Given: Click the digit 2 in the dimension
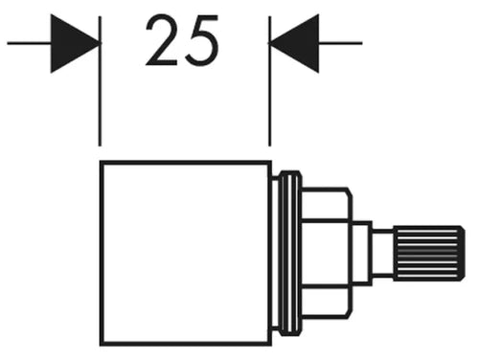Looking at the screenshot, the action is pos(161,40).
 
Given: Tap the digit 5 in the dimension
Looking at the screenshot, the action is pos(202,41).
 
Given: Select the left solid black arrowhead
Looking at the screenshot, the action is pos(75,43).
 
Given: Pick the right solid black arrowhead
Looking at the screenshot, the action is pos(294,43).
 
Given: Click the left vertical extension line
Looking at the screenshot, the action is pos(100,81).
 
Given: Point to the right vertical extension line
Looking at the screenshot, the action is pos(270,81).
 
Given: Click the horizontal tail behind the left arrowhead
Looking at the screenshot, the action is pos(29,43).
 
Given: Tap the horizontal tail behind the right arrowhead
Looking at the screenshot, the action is pos(340,43).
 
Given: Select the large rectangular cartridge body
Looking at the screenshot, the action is pos(186,254).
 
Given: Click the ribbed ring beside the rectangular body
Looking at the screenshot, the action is pos(290,254).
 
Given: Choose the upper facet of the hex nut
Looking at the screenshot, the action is pos(327,204).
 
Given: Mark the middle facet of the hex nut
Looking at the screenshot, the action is pos(327,254).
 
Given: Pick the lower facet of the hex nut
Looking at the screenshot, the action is pos(327,303).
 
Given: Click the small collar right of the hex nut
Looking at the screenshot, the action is pos(362,254).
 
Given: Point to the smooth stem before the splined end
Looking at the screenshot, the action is pos(383,254).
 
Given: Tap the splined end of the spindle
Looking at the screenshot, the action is pos(429,254).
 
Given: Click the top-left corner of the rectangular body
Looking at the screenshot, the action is pos(101,162).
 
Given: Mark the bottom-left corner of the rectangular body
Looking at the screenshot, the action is pos(101,346).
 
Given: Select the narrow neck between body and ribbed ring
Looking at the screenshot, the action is pos(275,254).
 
